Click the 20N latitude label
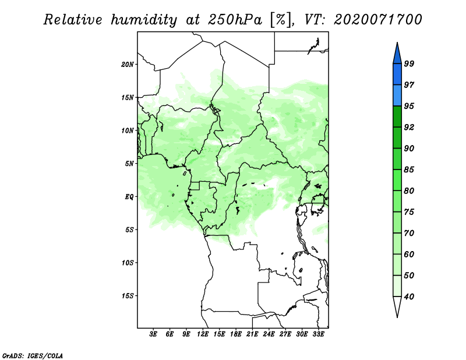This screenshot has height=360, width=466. coord(128,65)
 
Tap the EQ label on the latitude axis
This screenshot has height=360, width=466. coord(129,197)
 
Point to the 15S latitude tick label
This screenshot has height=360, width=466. coord(128,296)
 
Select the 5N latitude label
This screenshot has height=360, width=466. coord(129,164)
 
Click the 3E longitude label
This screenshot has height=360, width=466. coord(153,334)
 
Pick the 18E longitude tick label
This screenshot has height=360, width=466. coord(236,334)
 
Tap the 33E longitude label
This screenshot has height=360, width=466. coord(318,334)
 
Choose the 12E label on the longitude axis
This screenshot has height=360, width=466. coord(203,334)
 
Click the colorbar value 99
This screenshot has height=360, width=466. coord(409,63)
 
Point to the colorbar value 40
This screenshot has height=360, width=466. coord(409,297)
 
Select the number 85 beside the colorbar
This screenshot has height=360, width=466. coord(409,170)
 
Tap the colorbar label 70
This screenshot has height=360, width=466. coord(409,233)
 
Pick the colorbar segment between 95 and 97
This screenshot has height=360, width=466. coord(397,96)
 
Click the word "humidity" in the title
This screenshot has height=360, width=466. coord(144,20)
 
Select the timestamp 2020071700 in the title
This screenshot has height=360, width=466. coord(377,20)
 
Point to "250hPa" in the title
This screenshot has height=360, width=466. coord(235,20)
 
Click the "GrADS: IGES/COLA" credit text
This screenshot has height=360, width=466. coord(33,356)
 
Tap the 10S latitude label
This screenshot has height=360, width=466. coord(128,263)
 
